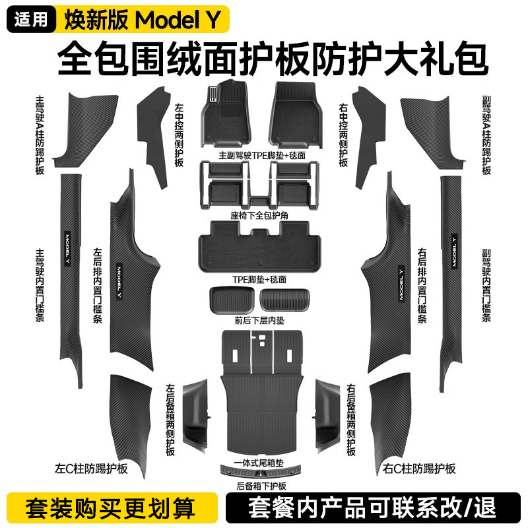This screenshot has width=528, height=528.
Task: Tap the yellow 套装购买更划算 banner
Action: coord(111,510)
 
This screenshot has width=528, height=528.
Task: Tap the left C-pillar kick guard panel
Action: coord(129,416)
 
